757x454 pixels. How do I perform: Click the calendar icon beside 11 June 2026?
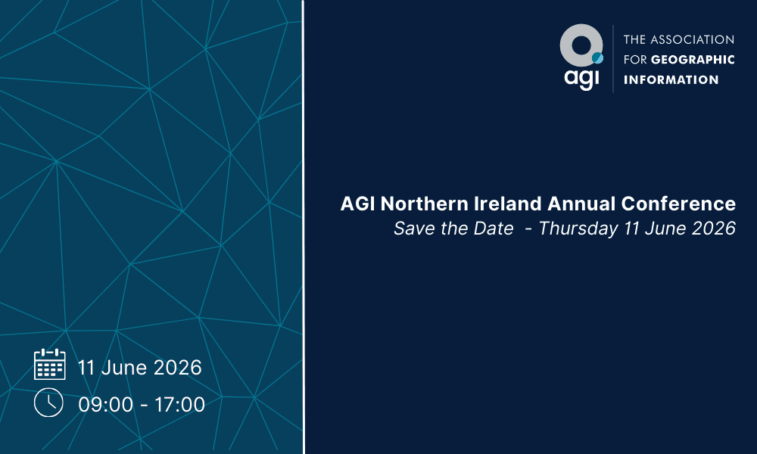50,364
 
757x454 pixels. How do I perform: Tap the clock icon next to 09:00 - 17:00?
48,403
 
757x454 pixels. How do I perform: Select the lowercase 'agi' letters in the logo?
581,78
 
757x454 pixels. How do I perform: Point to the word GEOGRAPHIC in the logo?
693,60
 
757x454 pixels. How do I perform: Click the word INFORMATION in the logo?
671,79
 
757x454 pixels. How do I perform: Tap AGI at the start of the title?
357,204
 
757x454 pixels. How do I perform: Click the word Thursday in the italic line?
578,229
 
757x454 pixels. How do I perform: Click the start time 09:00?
105,405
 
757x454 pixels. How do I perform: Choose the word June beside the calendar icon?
125,368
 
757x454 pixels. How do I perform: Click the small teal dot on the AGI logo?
597,58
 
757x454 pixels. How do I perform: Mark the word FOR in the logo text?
635,60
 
